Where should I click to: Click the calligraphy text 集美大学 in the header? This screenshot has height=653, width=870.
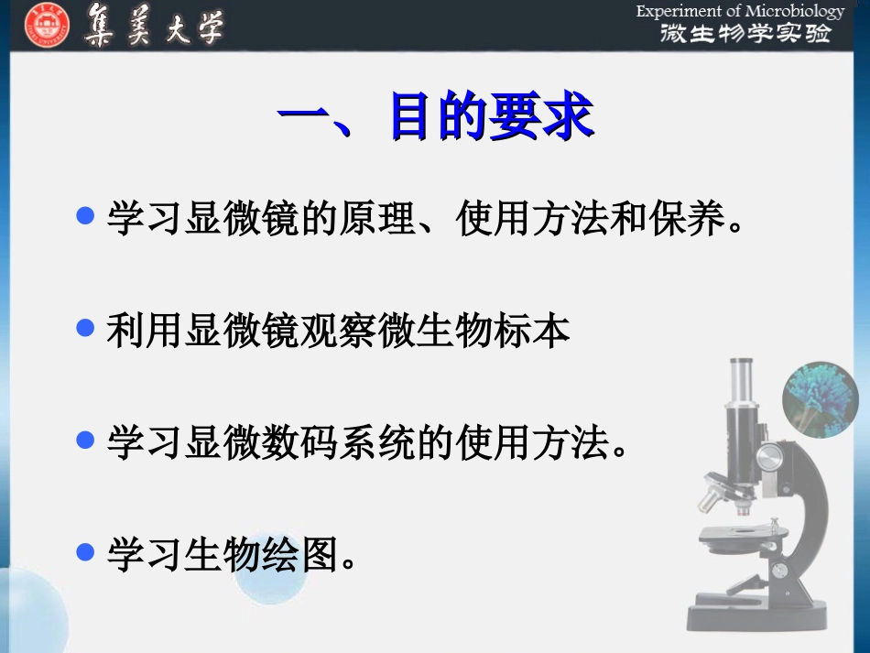pos(153,25)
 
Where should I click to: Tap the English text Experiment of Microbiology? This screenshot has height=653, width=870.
pos(740,11)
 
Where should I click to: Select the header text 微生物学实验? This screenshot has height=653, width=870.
pos(745,34)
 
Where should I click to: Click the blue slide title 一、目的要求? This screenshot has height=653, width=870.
pos(435,117)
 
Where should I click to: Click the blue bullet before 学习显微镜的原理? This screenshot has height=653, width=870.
pos(86,216)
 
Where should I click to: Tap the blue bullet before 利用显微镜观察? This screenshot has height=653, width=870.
pos(86,328)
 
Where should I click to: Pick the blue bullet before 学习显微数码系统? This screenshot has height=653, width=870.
pos(86,441)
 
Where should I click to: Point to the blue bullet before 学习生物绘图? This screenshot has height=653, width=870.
pos(86,551)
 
